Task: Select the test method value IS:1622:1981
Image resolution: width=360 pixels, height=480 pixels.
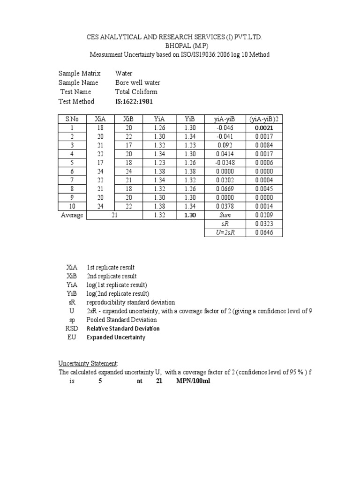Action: point(134,101)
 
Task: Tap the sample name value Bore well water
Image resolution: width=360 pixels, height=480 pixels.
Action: point(137,82)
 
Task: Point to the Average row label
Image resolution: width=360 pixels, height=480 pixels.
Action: point(72,215)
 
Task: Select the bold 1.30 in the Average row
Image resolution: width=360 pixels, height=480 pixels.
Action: point(190,215)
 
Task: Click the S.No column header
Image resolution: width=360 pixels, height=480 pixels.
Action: point(72,119)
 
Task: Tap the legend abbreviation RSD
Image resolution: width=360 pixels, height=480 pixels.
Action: point(72,328)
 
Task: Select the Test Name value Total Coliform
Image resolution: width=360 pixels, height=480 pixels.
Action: point(136,92)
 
